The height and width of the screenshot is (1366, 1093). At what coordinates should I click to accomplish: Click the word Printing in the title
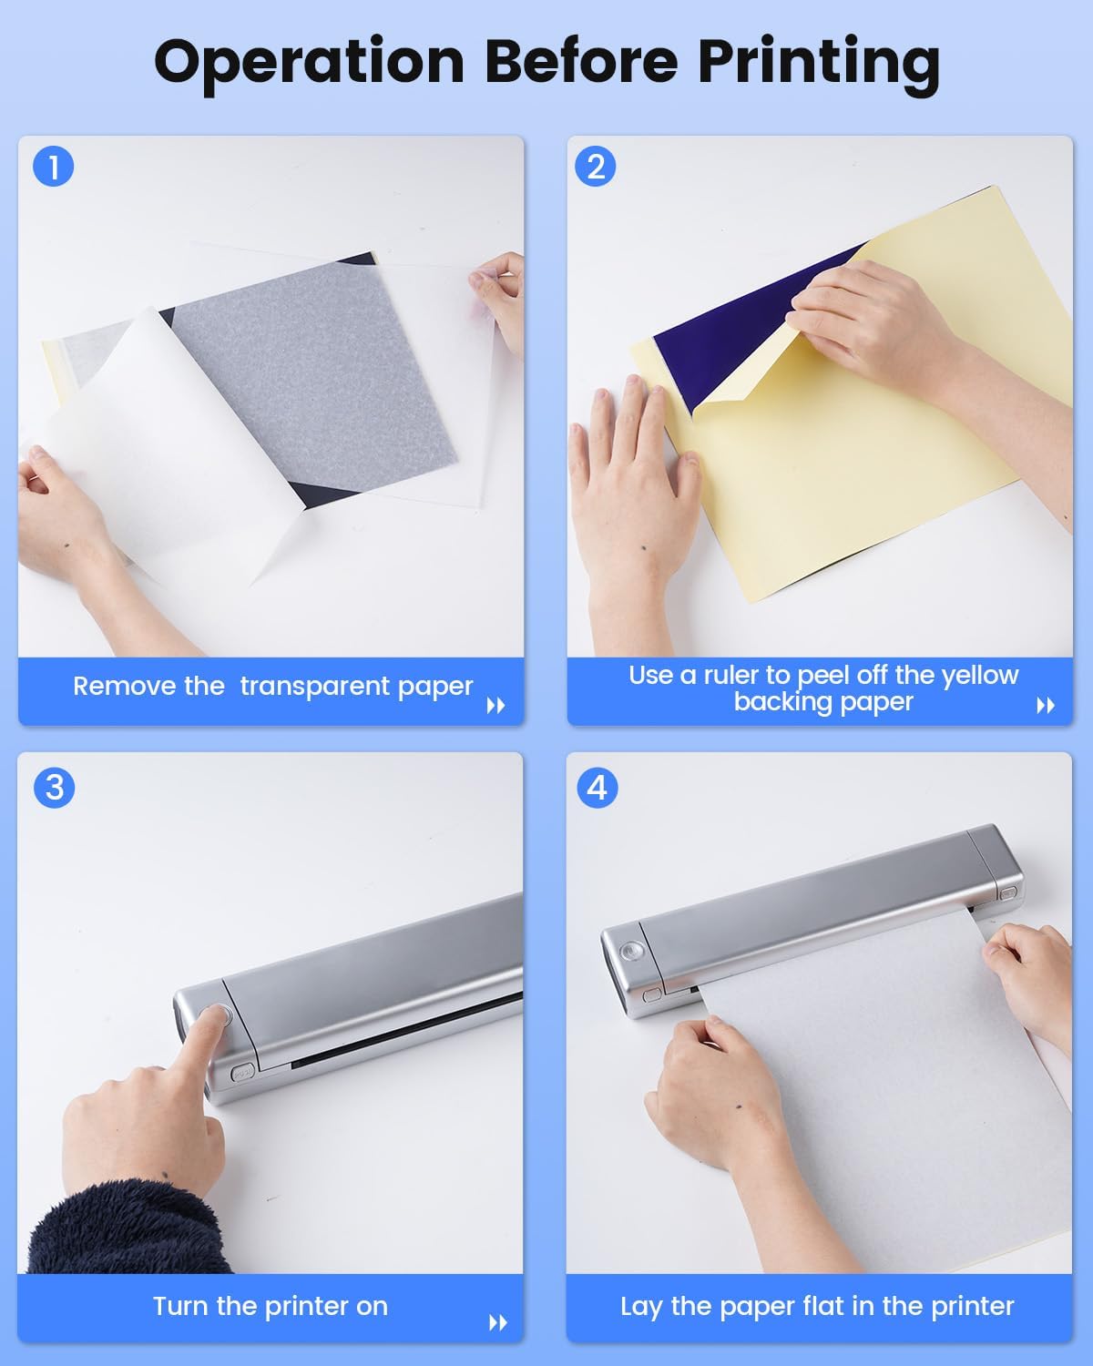pos(819,64)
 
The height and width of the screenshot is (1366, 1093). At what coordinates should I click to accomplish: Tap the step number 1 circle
pos(54,167)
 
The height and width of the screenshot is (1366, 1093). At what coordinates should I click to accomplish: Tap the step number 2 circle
pos(595,167)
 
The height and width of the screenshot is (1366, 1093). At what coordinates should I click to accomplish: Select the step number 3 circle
pos(54,788)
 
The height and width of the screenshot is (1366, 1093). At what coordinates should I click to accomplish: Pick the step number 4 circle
pos(597,788)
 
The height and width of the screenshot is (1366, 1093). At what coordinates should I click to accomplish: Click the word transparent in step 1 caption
pos(315,686)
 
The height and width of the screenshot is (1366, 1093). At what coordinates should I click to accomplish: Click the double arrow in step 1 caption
pos(495,706)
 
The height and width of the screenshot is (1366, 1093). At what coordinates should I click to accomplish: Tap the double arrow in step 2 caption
pos(1046,706)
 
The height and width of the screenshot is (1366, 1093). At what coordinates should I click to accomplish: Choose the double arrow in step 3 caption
pos(498,1323)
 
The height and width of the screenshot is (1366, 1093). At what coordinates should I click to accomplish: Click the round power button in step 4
pos(630,950)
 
